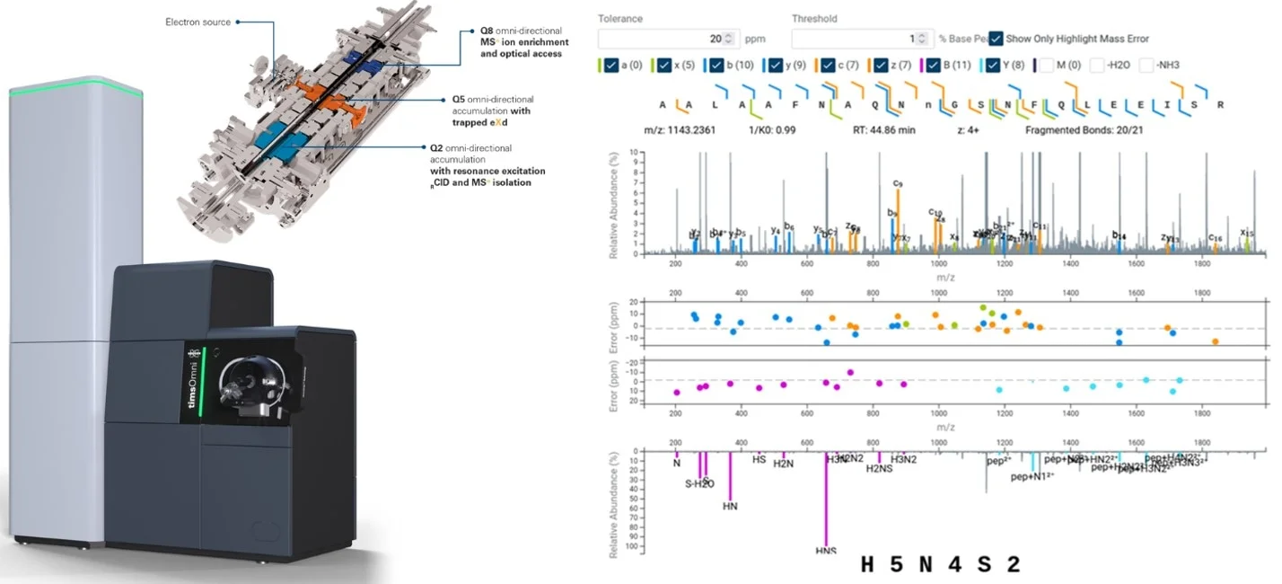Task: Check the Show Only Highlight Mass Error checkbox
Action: coord(997,39)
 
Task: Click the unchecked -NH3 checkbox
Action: coord(1146,65)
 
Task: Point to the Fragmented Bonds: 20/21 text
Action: coord(1083,129)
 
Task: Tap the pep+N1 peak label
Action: coord(1032,477)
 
